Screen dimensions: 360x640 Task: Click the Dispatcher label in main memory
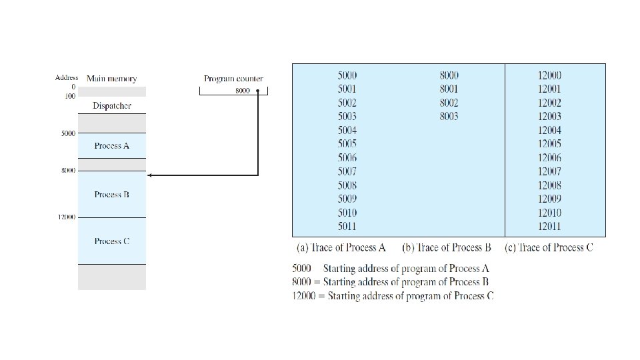point(112,106)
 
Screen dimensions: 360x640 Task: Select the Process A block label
point(112,145)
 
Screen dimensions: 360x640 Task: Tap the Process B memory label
point(112,195)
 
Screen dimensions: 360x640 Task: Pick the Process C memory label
point(112,241)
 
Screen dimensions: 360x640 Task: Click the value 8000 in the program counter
point(243,91)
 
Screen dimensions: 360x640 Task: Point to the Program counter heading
point(233,79)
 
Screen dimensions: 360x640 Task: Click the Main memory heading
point(112,79)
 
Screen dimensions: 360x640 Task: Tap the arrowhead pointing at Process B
point(150,175)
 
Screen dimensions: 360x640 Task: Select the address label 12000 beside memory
point(66,217)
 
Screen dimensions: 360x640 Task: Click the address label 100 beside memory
point(70,95)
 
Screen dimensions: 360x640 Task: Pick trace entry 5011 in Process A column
point(347,227)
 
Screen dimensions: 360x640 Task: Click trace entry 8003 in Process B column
point(449,117)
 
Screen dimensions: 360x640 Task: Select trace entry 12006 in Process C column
point(549,158)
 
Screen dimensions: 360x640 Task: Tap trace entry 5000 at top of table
point(347,75)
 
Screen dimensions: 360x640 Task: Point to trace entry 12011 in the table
point(549,227)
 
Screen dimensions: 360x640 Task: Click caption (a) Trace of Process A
point(341,248)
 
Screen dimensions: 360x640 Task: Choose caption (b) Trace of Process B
point(447,248)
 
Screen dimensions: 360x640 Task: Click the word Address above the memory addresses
point(67,78)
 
